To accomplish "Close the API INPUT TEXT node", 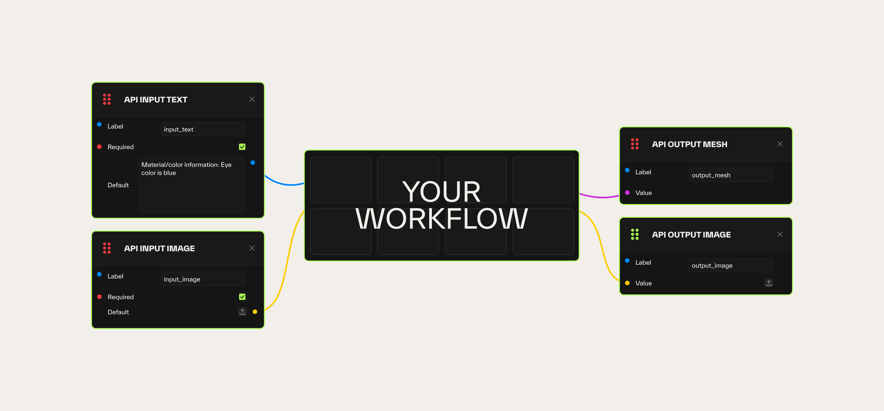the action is point(252,99).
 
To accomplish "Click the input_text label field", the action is point(203,129).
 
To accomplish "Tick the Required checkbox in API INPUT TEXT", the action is point(242,147).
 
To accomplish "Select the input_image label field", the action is point(203,279).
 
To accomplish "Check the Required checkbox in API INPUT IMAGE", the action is point(242,297).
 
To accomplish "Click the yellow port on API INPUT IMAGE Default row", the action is point(255,312).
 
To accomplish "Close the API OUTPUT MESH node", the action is point(780,144).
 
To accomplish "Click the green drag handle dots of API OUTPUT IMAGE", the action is point(635,234).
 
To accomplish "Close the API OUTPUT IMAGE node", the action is point(780,234).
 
